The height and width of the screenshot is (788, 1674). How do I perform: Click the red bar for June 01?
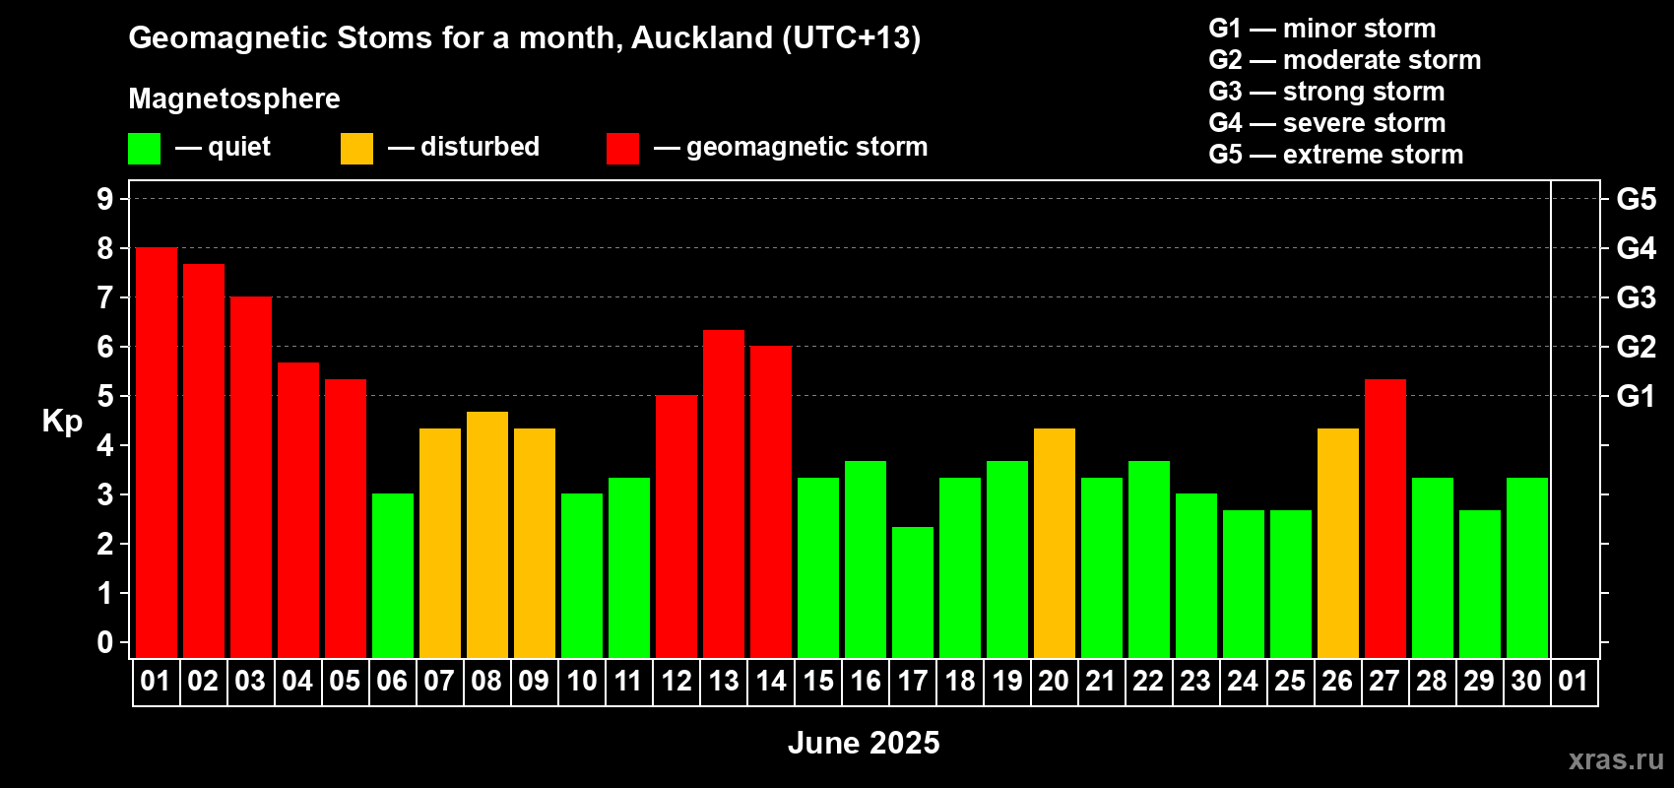click(x=157, y=452)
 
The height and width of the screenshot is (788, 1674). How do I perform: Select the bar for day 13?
click(x=724, y=494)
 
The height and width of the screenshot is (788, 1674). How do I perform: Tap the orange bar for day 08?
click(x=487, y=535)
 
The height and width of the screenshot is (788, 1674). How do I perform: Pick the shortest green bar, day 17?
click(x=913, y=592)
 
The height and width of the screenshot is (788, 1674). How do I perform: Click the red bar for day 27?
click(x=1385, y=519)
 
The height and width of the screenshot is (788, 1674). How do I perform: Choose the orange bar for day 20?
click(x=1055, y=543)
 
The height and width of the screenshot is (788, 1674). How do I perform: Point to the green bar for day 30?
click(x=1527, y=567)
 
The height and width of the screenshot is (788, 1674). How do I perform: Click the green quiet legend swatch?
click(x=144, y=148)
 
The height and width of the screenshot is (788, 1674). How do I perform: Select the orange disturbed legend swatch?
click(x=356, y=148)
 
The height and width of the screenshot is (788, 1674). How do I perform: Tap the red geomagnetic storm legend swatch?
click(x=622, y=148)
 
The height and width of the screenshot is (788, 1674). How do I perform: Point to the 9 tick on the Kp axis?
click(x=104, y=199)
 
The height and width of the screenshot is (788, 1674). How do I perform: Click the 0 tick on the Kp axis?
click(x=104, y=642)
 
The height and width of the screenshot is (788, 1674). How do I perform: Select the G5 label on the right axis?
click(x=1636, y=199)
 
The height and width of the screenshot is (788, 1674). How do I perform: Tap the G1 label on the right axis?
click(x=1636, y=396)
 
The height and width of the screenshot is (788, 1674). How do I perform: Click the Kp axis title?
click(x=62, y=421)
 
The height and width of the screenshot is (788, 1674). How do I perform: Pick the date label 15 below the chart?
click(x=818, y=681)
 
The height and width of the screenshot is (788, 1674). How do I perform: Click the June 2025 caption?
click(x=864, y=743)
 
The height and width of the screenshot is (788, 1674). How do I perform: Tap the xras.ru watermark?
click(x=1617, y=759)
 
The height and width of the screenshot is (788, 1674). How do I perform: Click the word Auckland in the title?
click(x=702, y=37)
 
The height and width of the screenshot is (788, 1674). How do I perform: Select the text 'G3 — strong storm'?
click(x=1326, y=92)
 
